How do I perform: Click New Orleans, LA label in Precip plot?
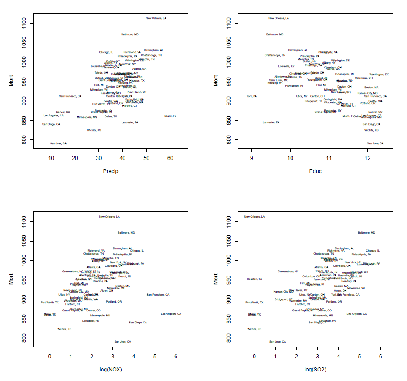coord(156,18)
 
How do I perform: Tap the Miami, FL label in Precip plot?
coord(170,116)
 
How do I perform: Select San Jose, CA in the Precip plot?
coord(58,143)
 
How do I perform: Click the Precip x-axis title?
coord(110,171)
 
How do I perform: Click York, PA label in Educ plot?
coord(251,96)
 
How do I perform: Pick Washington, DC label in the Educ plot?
coord(379,75)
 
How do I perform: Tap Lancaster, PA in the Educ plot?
coord(271,122)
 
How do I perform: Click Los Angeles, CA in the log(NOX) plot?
coord(171,314)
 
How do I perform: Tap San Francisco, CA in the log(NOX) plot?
coord(158,295)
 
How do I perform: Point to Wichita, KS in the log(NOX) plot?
coord(64,329)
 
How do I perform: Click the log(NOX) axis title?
coord(110,370)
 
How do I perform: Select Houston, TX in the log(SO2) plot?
coord(254,279)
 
